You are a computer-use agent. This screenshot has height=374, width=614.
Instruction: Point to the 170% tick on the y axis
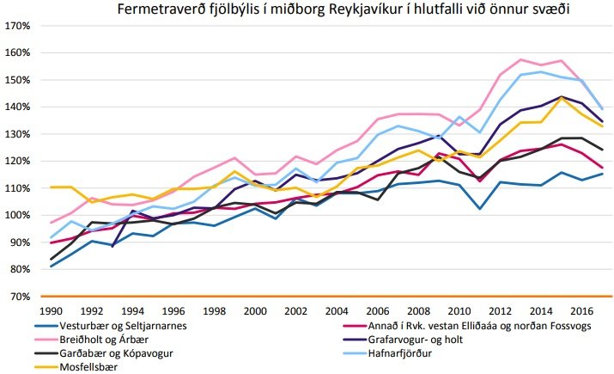[18, 26]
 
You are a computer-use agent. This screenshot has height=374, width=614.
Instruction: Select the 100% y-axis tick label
[18, 215]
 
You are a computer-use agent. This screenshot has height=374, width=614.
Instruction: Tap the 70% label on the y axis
[21, 297]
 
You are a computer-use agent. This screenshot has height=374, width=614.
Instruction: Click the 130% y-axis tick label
[18, 134]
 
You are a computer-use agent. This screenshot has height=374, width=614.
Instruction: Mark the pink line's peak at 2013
[521, 59]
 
